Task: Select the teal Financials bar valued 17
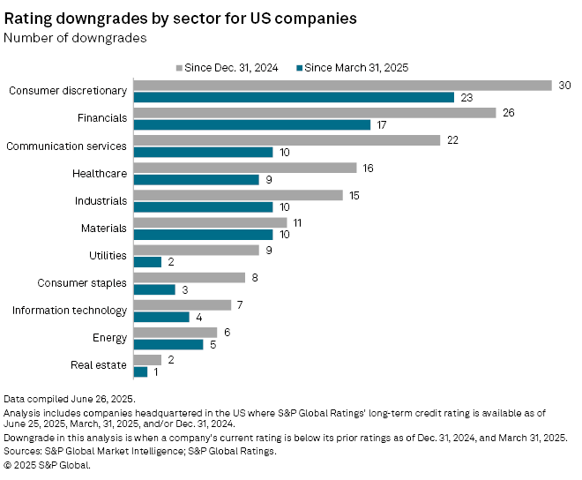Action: point(251,124)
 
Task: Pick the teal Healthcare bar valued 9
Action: point(196,179)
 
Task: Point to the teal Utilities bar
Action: point(147,261)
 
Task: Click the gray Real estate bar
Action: point(147,359)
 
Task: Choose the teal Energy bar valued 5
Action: point(168,344)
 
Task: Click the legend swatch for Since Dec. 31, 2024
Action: point(179,66)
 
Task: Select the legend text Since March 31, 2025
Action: point(356,66)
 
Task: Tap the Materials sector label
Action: point(103,228)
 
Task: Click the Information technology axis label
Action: point(70,310)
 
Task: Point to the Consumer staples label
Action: point(82,282)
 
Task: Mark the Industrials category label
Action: point(101,200)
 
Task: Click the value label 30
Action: point(565,86)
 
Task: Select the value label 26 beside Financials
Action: point(509,113)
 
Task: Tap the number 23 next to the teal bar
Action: point(466,97)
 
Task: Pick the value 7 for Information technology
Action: point(241,304)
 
